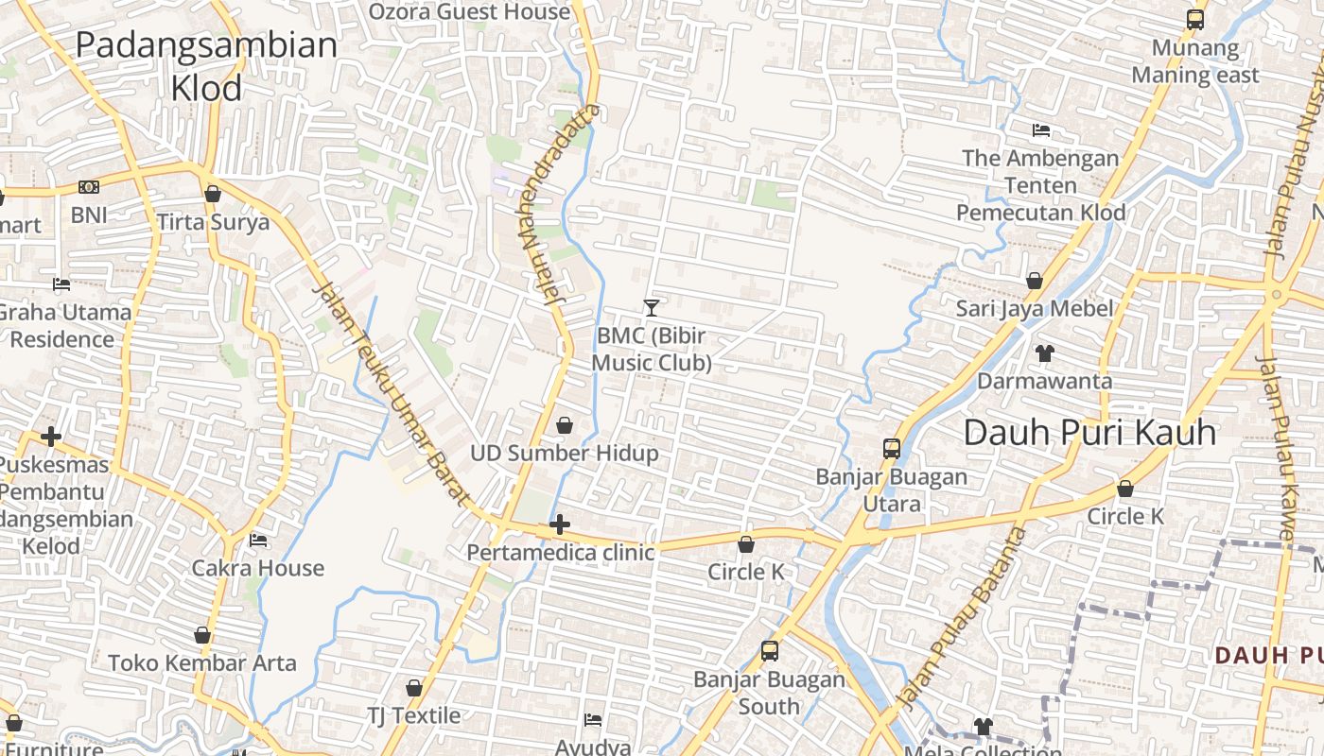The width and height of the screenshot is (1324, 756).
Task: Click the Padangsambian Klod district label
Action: point(206,65)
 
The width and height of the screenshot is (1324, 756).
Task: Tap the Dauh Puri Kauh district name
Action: point(1089,433)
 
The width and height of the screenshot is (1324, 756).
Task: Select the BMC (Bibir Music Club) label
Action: point(651,350)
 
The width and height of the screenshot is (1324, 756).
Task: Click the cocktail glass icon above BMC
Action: point(651,307)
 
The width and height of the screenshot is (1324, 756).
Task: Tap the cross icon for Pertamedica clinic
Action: point(560,524)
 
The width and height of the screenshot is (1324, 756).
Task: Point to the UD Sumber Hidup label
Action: point(564,454)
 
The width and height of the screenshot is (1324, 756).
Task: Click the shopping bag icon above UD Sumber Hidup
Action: point(565,426)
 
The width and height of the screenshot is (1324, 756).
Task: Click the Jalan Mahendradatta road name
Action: point(559,203)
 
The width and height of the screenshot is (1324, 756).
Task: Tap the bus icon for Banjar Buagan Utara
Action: point(891,449)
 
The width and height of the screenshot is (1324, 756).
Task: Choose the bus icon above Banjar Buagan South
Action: point(770,651)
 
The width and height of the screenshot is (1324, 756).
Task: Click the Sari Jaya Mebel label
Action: point(1034,308)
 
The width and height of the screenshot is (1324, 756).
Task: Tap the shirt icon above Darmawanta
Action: point(1044,353)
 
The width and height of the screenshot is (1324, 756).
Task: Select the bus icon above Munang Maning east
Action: point(1195,20)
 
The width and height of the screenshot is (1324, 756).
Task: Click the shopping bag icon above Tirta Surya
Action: point(213,194)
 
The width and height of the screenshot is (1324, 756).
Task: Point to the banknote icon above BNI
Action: point(89,187)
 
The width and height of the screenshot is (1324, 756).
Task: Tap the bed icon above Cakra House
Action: point(257,541)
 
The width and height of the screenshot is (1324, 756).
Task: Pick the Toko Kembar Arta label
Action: point(202,662)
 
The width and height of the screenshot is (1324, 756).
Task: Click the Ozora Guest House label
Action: point(469,12)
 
